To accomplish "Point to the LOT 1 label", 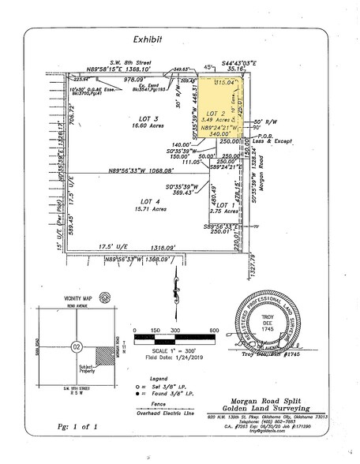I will [226, 206].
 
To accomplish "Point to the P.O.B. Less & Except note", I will [270, 140].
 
